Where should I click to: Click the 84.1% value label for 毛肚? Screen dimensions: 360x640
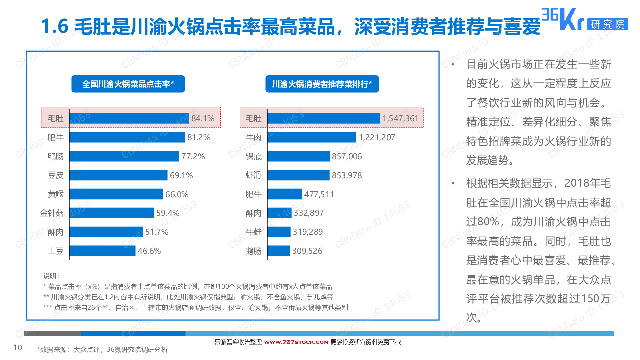click(203, 119)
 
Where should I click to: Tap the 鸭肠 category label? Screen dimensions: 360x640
click(55, 156)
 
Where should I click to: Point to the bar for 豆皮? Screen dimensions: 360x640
click(118, 175)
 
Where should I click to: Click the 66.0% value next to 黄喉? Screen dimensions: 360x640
click(177, 194)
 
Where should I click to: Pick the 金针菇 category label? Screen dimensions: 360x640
click(52, 213)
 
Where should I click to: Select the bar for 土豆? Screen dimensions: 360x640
click(102, 251)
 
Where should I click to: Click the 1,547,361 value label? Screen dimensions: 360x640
click(400, 119)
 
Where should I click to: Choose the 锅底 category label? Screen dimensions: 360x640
click(253, 156)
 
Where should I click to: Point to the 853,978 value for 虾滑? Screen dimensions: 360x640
click(347, 175)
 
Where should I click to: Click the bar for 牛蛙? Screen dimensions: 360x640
click(279, 232)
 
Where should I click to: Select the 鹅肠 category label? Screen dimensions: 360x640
click(253, 251)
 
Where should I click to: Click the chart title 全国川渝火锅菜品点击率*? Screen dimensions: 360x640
click(128, 84)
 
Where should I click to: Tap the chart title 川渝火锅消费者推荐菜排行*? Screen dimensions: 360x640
click(322, 84)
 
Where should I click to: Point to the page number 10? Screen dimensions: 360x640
click(18, 348)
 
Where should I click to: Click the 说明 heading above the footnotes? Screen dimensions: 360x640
click(51, 276)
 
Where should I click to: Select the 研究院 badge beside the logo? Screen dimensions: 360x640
click(607, 24)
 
